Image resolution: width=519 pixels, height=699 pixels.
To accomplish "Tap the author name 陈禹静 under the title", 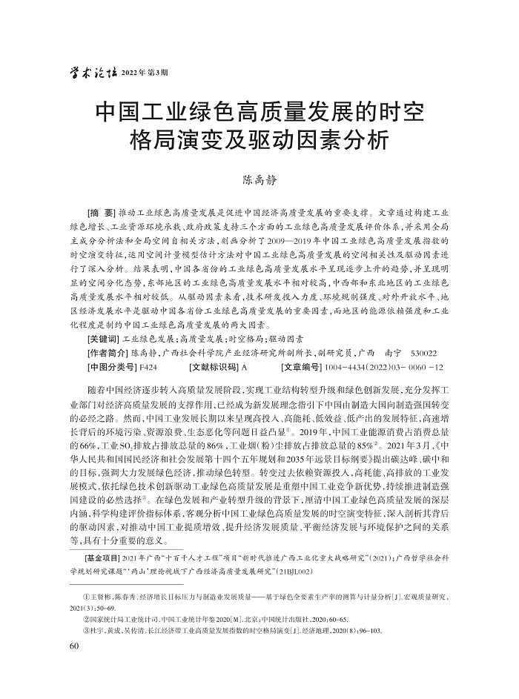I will [259, 179].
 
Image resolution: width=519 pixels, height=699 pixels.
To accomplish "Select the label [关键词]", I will [103, 337].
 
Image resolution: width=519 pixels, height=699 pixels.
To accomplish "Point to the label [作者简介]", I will [108, 352].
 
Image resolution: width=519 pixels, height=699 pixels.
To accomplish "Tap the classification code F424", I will [148, 366].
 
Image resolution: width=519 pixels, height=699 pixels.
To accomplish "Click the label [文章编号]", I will [308, 366].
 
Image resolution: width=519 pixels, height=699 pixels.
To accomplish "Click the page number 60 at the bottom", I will [73, 646].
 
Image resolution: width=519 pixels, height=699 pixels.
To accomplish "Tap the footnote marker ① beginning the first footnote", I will [87, 595].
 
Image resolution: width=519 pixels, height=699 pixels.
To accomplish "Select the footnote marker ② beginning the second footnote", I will [87, 617].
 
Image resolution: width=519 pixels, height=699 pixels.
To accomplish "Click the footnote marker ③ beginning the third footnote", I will [87, 629].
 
